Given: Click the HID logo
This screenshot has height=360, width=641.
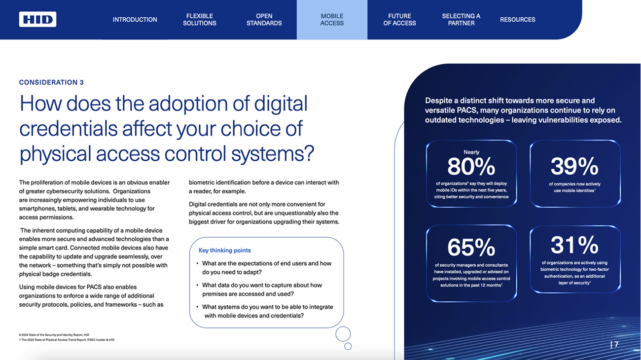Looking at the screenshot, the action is (x=37, y=19).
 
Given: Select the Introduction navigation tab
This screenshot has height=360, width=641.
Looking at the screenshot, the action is (x=135, y=19).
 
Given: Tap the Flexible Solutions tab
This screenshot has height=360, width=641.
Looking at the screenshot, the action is (x=200, y=19).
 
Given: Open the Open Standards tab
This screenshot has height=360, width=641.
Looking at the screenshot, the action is (x=264, y=19).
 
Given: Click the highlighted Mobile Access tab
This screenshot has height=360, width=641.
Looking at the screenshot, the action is (x=332, y=19).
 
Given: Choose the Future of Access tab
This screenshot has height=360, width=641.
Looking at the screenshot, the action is (x=399, y=19).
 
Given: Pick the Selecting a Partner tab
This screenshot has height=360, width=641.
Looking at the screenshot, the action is (x=461, y=19).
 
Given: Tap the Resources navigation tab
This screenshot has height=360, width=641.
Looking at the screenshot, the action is (x=517, y=19).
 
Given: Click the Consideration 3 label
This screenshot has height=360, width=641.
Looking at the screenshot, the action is (x=51, y=82).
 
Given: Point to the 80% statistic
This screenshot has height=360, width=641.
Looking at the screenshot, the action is (x=471, y=167).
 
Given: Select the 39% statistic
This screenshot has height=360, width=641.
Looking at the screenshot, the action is (x=574, y=166).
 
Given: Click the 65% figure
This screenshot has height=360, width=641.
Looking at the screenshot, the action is (x=471, y=247).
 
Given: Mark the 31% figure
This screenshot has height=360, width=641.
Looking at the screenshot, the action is (x=574, y=245).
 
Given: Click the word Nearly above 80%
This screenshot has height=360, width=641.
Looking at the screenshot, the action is (x=471, y=152).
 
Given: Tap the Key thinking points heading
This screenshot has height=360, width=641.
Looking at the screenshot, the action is (x=225, y=251).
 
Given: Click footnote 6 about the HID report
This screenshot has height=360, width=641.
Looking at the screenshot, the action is (x=54, y=334).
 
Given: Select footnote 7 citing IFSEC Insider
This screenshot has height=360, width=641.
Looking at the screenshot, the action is (x=67, y=340).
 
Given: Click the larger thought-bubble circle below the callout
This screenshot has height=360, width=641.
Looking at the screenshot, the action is (x=343, y=327).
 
